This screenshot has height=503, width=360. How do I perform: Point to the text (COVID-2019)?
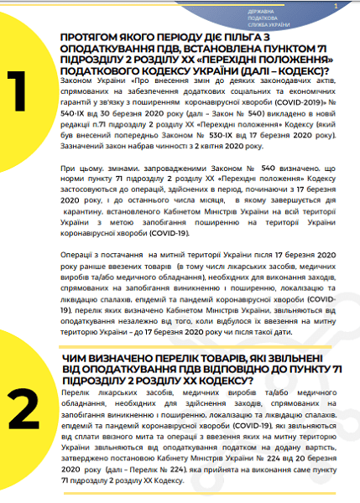(307, 101)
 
